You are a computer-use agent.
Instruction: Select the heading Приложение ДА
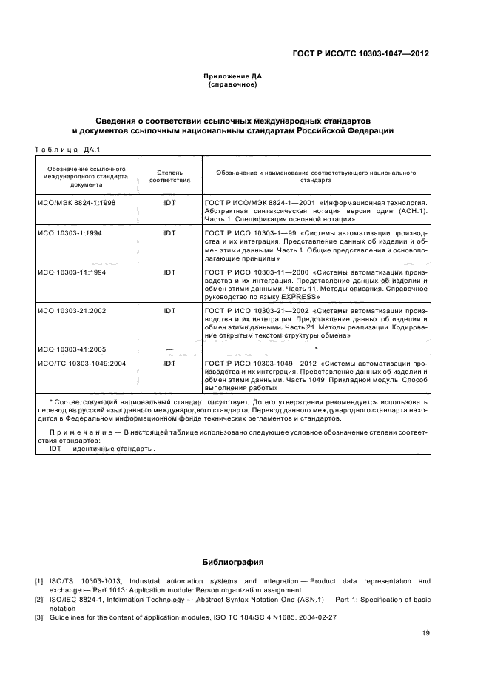[x=233, y=76]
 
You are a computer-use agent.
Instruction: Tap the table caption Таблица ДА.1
[x=67, y=150]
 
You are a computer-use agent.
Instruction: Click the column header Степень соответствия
[x=169, y=175]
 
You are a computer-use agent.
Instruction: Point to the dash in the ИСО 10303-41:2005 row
[x=169, y=347]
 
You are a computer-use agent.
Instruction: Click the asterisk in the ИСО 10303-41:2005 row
[x=316, y=346]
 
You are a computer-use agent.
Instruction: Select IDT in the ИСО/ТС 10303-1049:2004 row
[x=169, y=364]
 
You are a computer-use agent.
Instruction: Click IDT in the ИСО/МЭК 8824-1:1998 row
[x=169, y=201]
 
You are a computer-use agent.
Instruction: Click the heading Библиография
[x=233, y=562]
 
